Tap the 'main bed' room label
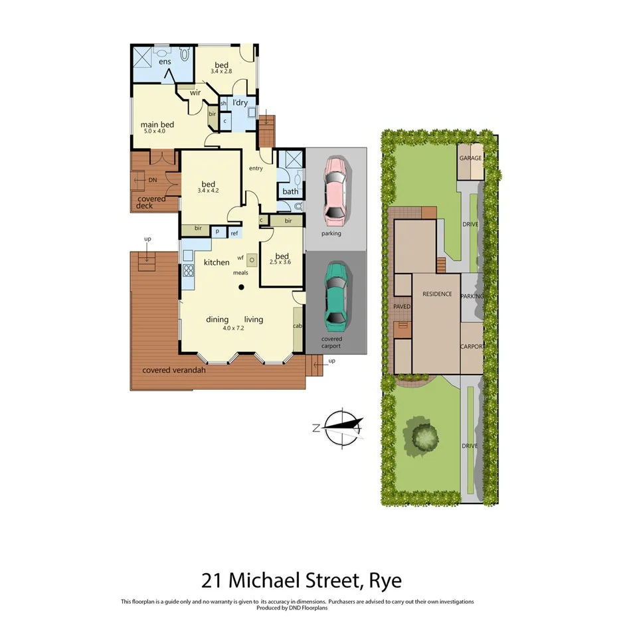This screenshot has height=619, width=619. pos(157,124)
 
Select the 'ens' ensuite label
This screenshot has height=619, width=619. pos(165,62)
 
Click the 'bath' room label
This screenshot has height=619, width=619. pos(290,191)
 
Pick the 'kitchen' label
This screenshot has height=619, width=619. pos(217,262)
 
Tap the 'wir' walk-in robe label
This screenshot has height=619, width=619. pos(195,92)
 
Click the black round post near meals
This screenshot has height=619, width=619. pos(242,287)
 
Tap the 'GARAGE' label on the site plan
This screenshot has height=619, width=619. pos(470,158)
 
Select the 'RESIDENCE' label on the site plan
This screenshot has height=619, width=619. pos(436,294)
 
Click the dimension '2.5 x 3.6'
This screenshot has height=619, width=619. pos(282,264)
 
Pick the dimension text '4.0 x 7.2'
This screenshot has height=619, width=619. pos(235,327)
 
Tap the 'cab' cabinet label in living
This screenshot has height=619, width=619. pos(298,325)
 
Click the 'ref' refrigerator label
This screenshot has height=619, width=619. pos(234,233)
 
